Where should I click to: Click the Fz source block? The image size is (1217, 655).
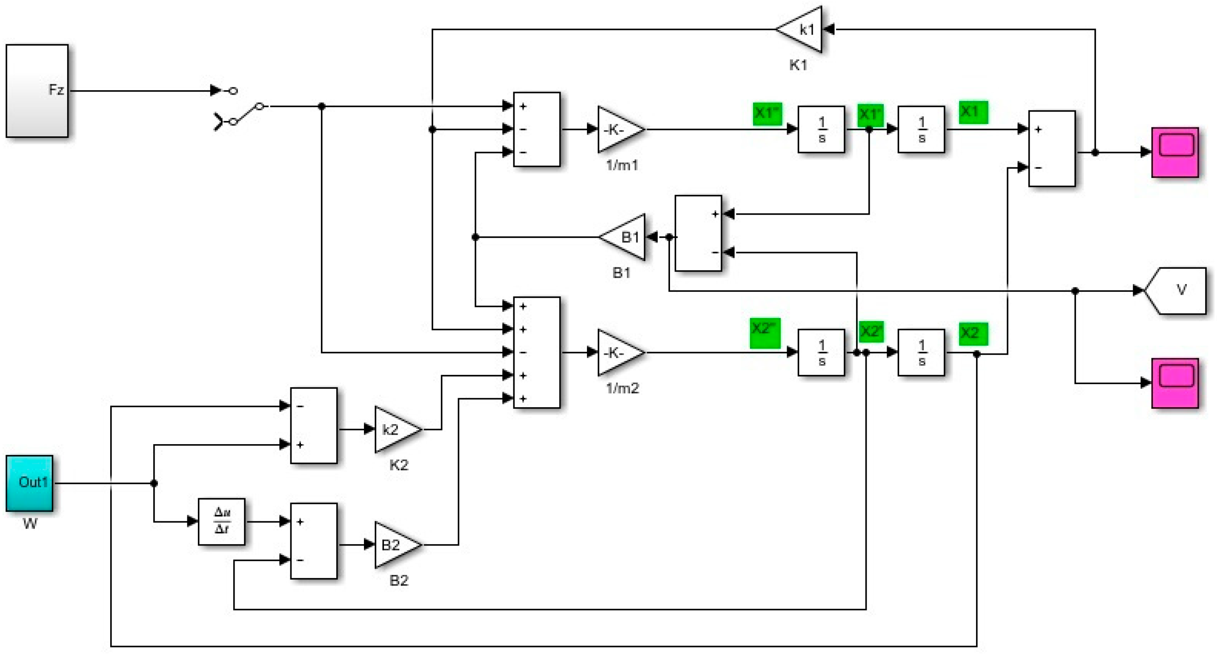coord(37,91)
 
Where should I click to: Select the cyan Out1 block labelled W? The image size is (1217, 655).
coord(29,483)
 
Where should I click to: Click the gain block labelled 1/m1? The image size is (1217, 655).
coord(619,129)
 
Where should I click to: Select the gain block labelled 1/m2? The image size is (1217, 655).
coord(619,352)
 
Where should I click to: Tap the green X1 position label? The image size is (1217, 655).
coord(973,112)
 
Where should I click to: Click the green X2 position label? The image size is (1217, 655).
coord(973,333)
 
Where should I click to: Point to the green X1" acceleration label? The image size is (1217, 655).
coord(767,113)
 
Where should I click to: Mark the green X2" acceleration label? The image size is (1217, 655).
coord(765,333)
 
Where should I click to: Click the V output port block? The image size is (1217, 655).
coord(1177,290)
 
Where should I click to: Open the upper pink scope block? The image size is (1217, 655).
coord(1175,152)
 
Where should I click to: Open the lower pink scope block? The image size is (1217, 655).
coord(1175,383)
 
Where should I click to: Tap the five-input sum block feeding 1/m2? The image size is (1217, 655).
coord(537,352)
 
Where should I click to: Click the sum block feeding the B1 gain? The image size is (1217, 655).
coord(698,233)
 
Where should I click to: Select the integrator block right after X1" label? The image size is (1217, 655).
coord(821,129)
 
